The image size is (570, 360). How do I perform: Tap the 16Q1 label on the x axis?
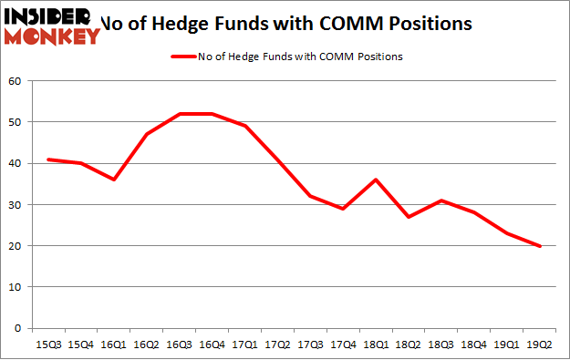(114, 345)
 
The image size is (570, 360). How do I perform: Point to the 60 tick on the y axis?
(16, 81)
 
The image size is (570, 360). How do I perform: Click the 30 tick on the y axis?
(16, 205)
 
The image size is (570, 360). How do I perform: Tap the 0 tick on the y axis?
(18, 328)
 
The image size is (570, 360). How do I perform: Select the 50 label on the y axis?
(16, 122)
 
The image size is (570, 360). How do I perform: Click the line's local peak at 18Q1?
(376, 180)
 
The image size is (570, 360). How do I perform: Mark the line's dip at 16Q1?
(113, 180)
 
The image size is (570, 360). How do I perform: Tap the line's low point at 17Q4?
(343, 209)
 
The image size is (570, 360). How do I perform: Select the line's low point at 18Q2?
(409, 217)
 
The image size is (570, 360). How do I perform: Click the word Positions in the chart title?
(430, 24)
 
